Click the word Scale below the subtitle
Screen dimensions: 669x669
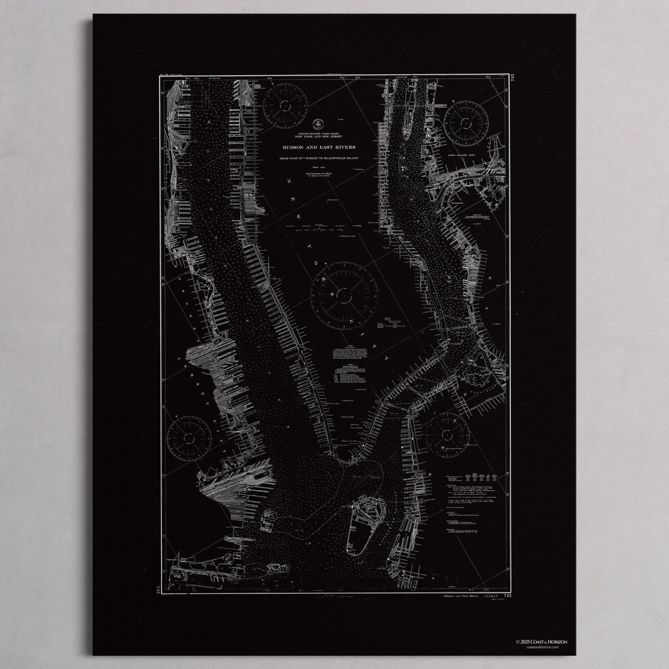point(316,167)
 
